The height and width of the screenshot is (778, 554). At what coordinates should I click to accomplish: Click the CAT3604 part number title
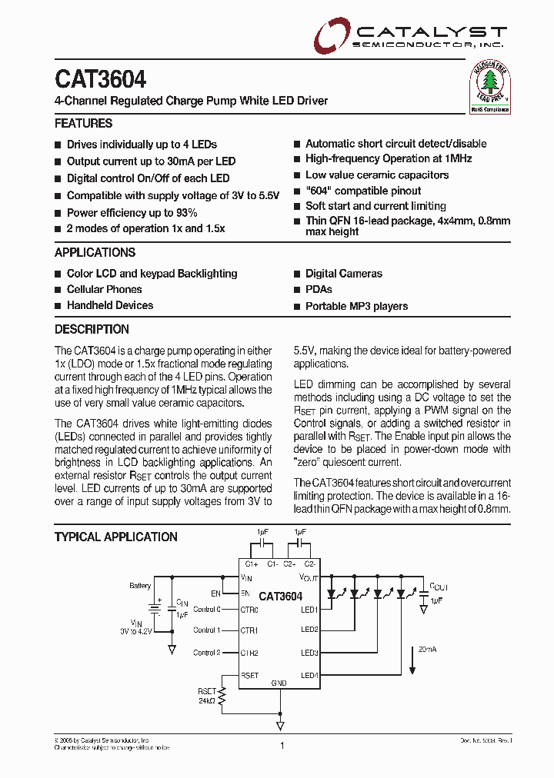[x=100, y=79]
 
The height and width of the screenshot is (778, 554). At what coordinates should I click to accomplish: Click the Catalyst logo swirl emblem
[x=331, y=35]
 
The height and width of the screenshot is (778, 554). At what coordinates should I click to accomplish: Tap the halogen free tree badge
[x=490, y=88]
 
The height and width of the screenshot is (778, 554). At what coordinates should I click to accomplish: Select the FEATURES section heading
[x=83, y=123]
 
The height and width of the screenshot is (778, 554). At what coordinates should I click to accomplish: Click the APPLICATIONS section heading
[x=95, y=252]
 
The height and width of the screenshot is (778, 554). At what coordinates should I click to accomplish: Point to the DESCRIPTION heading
[x=92, y=329]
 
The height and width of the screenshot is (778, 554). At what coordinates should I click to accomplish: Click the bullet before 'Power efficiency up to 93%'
[x=58, y=213]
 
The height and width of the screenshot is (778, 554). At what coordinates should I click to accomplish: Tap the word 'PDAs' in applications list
[x=319, y=289]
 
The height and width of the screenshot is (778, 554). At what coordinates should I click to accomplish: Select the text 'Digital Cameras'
[x=343, y=273]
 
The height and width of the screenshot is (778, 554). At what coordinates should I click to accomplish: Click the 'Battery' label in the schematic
[x=140, y=586]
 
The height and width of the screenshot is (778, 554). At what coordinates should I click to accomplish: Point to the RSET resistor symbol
[x=222, y=697]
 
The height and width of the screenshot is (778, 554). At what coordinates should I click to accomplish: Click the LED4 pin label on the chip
[x=309, y=675]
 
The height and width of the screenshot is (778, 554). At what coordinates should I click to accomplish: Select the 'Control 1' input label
[x=206, y=630]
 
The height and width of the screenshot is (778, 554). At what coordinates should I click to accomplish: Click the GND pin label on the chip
[x=279, y=683]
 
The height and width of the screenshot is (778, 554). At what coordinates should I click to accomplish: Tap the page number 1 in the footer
[x=282, y=746]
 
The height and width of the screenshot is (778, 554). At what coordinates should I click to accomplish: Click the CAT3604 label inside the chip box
[x=280, y=596]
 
